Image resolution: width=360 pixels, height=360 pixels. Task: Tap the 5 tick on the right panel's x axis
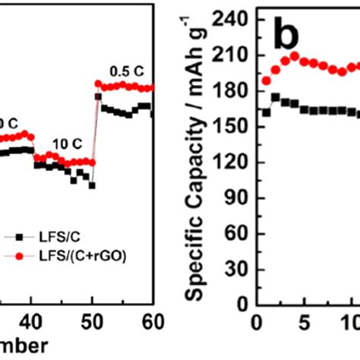[304, 321]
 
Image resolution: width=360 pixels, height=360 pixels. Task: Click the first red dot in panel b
[267, 81]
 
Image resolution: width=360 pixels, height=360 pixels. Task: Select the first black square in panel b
[267, 112]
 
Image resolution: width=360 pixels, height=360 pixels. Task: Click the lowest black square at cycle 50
[92, 185]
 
